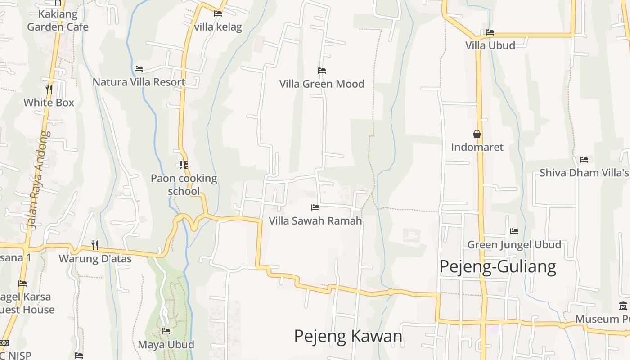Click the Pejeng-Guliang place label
click(497, 266)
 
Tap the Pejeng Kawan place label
click(348, 336)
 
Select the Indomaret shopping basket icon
click(477, 134)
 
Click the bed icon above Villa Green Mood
click(322, 71)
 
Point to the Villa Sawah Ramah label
click(315, 220)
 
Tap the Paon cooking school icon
click(183, 165)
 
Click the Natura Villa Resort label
click(139, 82)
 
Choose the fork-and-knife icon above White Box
click(49, 90)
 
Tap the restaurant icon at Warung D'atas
click(95, 245)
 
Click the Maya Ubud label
click(166, 345)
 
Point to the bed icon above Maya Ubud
click(166, 332)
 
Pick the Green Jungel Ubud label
click(514, 245)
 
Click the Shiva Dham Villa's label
click(584, 173)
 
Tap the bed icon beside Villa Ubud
click(490, 32)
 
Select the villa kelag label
click(218, 27)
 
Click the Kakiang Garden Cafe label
click(58, 20)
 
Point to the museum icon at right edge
click(623, 306)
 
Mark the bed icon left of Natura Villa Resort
click(139, 69)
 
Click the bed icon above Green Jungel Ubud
click(514, 232)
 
